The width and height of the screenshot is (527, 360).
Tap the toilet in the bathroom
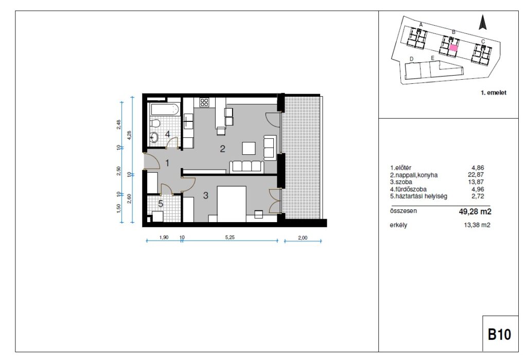click(154, 123)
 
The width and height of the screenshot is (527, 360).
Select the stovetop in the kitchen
click(204, 102)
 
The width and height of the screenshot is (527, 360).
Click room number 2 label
click(222, 149)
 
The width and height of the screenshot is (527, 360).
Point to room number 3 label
click(206, 195)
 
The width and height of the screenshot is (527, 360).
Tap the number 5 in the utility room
click(161, 204)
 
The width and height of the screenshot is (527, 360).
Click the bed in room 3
click(232, 204)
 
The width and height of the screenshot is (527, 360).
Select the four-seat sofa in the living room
click(247, 167)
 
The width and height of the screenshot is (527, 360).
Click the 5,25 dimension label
click(230, 237)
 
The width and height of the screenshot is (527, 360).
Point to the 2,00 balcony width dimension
click(303, 238)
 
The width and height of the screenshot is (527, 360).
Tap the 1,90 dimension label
click(164, 237)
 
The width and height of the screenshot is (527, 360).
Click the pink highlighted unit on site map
click(453, 48)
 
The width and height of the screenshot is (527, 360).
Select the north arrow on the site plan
click(483, 23)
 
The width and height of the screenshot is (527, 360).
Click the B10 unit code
click(499, 334)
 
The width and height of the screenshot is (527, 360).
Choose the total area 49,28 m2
click(475, 211)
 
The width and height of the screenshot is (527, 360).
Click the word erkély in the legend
click(398, 225)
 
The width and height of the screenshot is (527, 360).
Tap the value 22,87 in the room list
click(476, 175)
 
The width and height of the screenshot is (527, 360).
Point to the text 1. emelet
click(494, 93)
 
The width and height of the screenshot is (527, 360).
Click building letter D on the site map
click(411, 59)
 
